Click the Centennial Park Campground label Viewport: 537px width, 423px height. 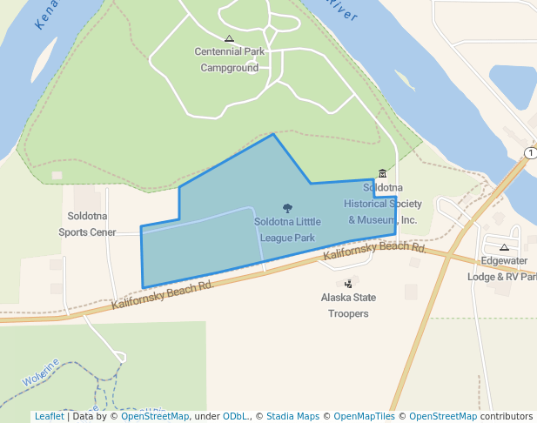coord(230,59)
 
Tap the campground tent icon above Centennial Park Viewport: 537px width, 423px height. coord(229,38)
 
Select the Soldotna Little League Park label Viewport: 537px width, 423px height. coord(287,229)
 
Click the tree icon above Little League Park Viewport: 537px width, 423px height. coord(288,208)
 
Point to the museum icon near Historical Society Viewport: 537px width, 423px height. coord(381,174)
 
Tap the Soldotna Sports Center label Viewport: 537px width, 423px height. coord(87,224)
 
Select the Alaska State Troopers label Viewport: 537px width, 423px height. coord(348,305)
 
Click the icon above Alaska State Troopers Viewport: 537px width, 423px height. coord(349,283)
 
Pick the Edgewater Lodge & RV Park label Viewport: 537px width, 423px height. coord(503,268)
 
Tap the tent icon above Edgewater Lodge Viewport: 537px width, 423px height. coord(504,247)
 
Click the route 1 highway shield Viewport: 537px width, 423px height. coord(530,153)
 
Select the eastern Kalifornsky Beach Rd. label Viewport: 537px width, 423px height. coord(374,252)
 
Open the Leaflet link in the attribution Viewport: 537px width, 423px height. coord(49,416)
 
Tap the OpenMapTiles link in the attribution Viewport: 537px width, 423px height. coord(364,416)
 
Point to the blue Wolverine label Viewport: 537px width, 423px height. coord(41,373)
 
